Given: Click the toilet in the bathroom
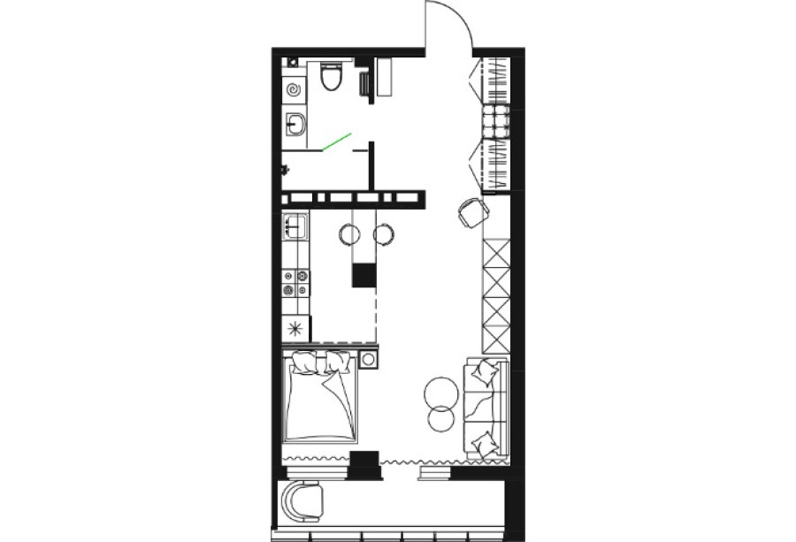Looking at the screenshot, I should pos(332,79).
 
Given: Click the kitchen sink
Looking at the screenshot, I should pos(295,226).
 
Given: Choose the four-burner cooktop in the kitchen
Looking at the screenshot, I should pos(295,282).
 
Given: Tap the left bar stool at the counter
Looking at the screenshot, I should pos(350,234).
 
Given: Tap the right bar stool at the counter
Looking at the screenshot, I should pos(383,234).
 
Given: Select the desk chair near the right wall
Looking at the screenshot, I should pos(472,212).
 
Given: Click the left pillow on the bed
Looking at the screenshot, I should pos(305,362).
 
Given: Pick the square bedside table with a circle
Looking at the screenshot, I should pos(368,359).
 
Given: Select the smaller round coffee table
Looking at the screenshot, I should pos(440,418).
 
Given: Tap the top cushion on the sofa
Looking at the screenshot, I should pos(481,372).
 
